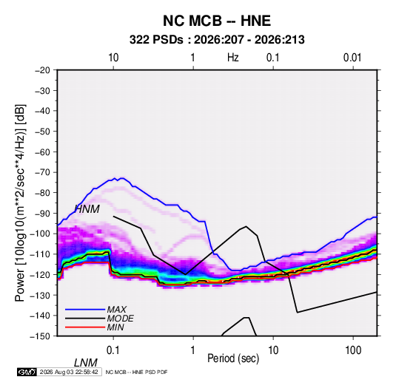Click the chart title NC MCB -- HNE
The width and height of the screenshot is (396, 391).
[x=217, y=21]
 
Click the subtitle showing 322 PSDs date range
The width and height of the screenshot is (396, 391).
[x=217, y=40]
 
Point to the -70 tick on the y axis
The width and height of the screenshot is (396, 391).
[x=43, y=172]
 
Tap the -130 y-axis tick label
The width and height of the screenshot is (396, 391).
[x=41, y=295]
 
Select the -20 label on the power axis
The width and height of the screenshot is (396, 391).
[x=43, y=70]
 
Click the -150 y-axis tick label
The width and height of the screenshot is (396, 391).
[x=41, y=336]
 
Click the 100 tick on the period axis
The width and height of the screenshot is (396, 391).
[x=353, y=350]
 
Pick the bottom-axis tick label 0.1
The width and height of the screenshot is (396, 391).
[x=113, y=350]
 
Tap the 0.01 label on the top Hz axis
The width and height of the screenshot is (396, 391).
[x=352, y=58]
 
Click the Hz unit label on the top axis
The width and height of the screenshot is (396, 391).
[x=233, y=58]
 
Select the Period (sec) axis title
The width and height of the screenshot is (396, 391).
[x=233, y=358]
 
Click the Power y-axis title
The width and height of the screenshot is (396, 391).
[x=20, y=203]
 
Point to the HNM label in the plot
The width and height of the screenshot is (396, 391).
[x=87, y=209]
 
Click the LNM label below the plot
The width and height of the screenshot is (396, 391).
[x=86, y=363]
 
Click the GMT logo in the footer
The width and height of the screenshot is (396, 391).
[x=27, y=372]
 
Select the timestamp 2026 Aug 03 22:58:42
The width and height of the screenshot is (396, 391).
[x=69, y=372]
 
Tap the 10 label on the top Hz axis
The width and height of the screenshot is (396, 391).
[x=113, y=58]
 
